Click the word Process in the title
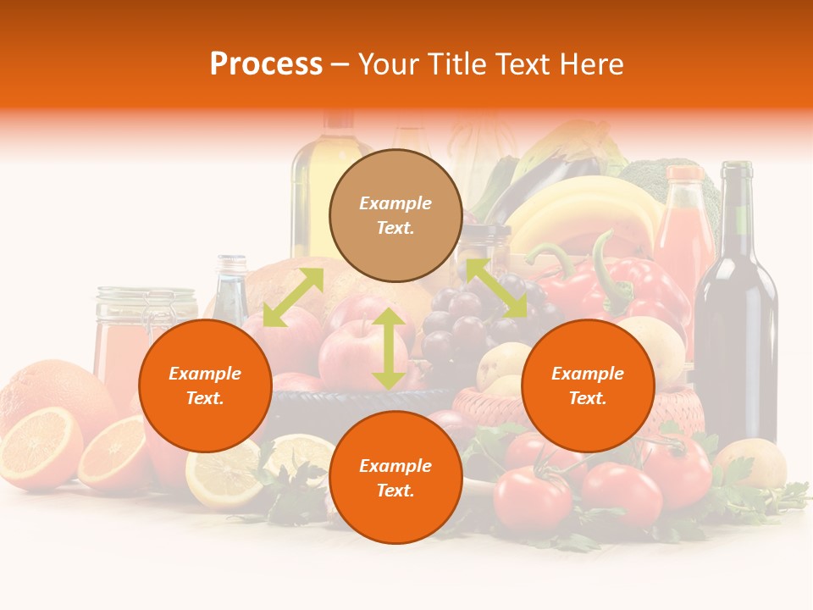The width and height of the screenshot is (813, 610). coord(266,64)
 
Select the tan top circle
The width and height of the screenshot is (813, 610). coord(395,215)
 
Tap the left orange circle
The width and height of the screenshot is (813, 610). coord(205,385)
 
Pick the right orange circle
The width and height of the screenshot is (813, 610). coord(588,385)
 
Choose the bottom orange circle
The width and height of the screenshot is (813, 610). coord(395,478)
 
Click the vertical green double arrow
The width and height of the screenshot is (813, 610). coord(388,348)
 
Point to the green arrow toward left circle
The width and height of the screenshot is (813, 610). coord(293,297)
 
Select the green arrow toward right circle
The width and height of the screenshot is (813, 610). coord(496,288)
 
